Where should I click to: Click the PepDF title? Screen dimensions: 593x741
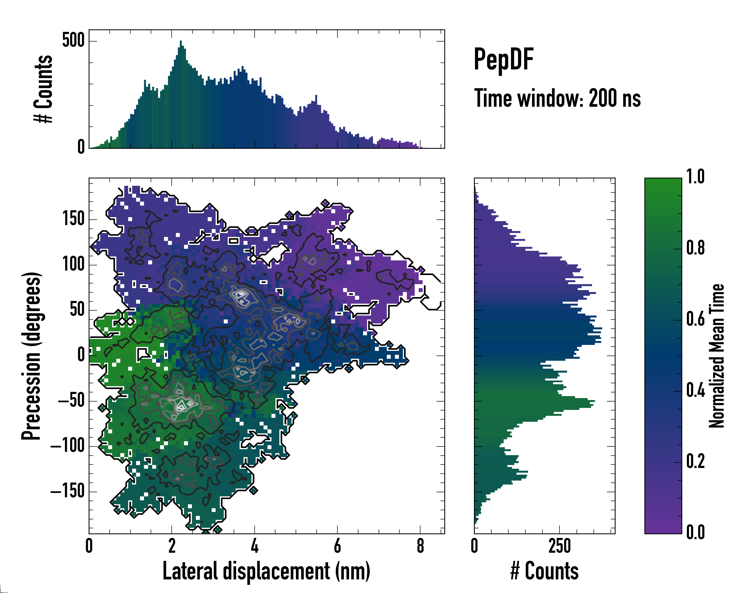point(503,60)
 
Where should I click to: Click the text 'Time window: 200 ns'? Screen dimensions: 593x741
point(557,99)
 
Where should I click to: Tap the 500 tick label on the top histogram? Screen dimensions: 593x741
point(73,41)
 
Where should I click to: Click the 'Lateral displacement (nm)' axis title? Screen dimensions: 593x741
point(266,571)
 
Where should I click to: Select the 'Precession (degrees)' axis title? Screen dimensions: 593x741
point(32,356)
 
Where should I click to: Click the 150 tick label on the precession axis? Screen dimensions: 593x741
point(73,219)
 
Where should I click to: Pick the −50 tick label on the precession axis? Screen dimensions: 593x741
point(71,401)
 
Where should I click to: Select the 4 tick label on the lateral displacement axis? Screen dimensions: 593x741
point(254,546)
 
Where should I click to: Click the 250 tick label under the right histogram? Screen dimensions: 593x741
point(559,546)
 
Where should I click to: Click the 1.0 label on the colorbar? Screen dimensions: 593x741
point(695,177)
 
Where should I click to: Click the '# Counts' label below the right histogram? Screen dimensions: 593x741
point(544,571)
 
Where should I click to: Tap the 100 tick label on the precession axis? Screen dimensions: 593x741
point(73,265)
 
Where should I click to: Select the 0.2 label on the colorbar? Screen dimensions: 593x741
point(695,461)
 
